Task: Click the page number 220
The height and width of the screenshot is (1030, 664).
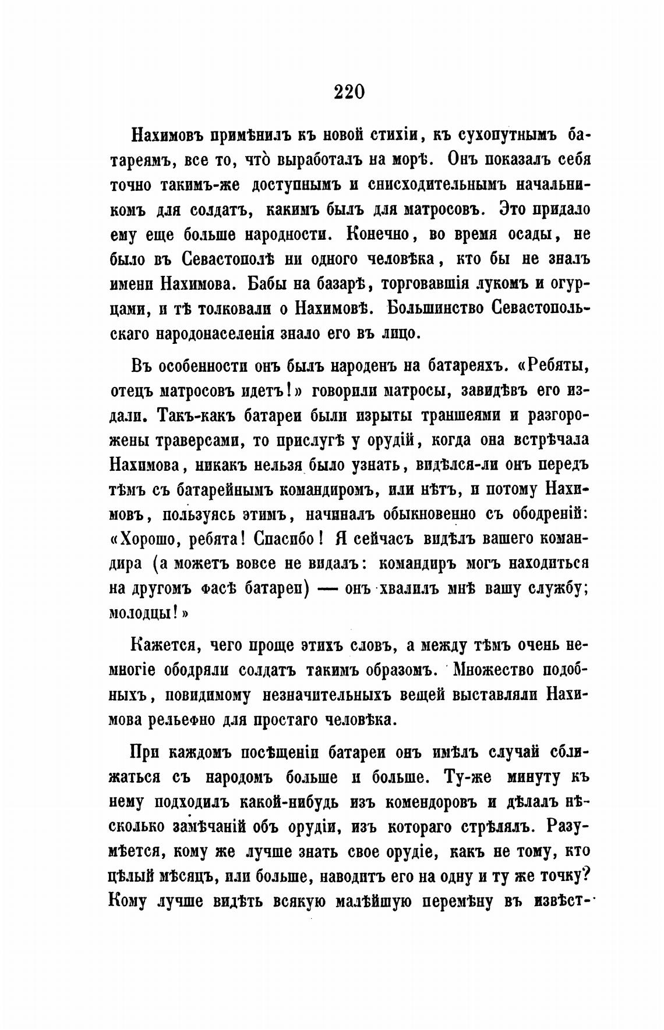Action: point(349,92)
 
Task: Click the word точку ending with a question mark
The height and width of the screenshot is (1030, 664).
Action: point(564,876)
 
